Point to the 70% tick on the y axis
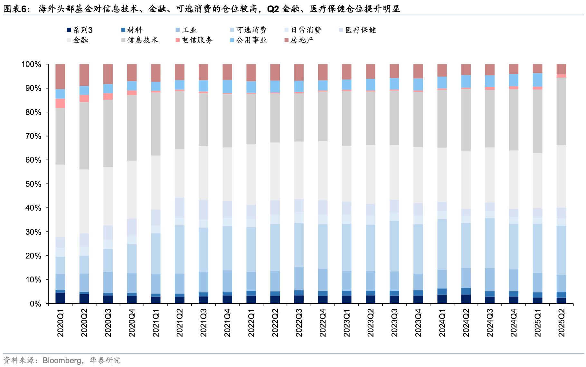pos(33,136)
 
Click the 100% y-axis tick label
pos(31,64)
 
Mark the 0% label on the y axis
pos(35,304)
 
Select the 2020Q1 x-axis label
pos(61,323)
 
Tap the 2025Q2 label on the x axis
pos(562,323)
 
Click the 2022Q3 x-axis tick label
pos(299,323)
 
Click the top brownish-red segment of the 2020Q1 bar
pos(60,77)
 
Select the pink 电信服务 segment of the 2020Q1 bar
pos(60,103)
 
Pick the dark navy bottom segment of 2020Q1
pos(60,298)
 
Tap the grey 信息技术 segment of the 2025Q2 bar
pos(561,111)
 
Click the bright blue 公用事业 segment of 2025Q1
pos(537,80)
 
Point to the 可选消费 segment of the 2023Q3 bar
pos(394,246)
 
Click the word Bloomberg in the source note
pos(62,360)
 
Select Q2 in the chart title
pos(273,9)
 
